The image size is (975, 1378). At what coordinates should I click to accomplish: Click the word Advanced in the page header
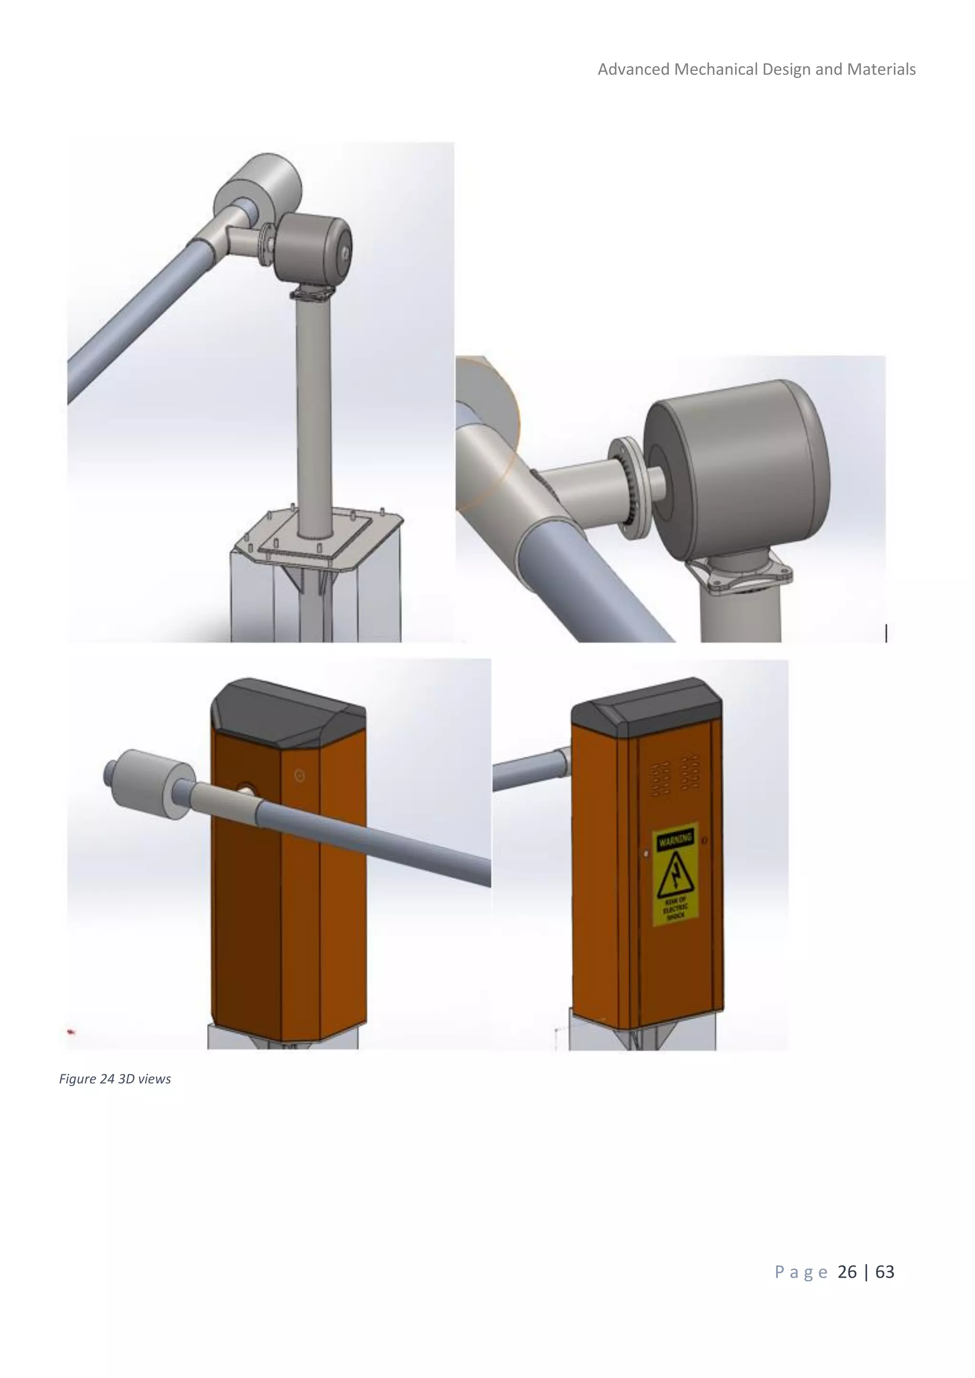click(633, 69)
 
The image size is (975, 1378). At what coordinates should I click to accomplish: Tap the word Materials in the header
click(881, 69)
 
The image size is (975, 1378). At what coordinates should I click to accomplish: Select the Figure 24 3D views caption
click(115, 1079)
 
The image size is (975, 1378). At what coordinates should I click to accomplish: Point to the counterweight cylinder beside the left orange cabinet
click(153, 783)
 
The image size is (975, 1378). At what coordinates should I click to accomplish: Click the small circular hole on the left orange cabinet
click(299, 776)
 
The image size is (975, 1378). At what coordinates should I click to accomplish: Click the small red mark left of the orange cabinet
click(71, 1032)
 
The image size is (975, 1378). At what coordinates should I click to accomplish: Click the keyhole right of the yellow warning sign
click(704, 840)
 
